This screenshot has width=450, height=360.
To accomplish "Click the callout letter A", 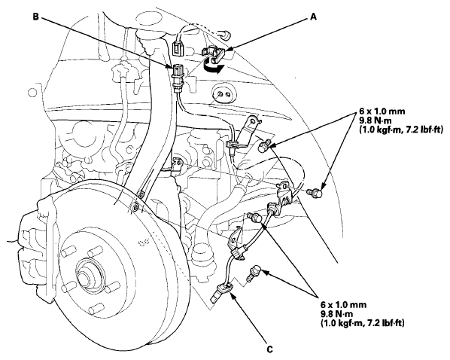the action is [313, 17].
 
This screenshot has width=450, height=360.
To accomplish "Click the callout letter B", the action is [35, 17].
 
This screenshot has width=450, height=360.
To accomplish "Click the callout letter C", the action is [269, 349].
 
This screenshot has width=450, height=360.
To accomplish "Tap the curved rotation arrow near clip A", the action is [213, 67].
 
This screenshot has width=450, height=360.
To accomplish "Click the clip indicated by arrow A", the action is [214, 54].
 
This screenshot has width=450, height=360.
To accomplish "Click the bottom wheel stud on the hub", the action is [96, 310].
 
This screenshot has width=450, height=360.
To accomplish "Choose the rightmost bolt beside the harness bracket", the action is [315, 193].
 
